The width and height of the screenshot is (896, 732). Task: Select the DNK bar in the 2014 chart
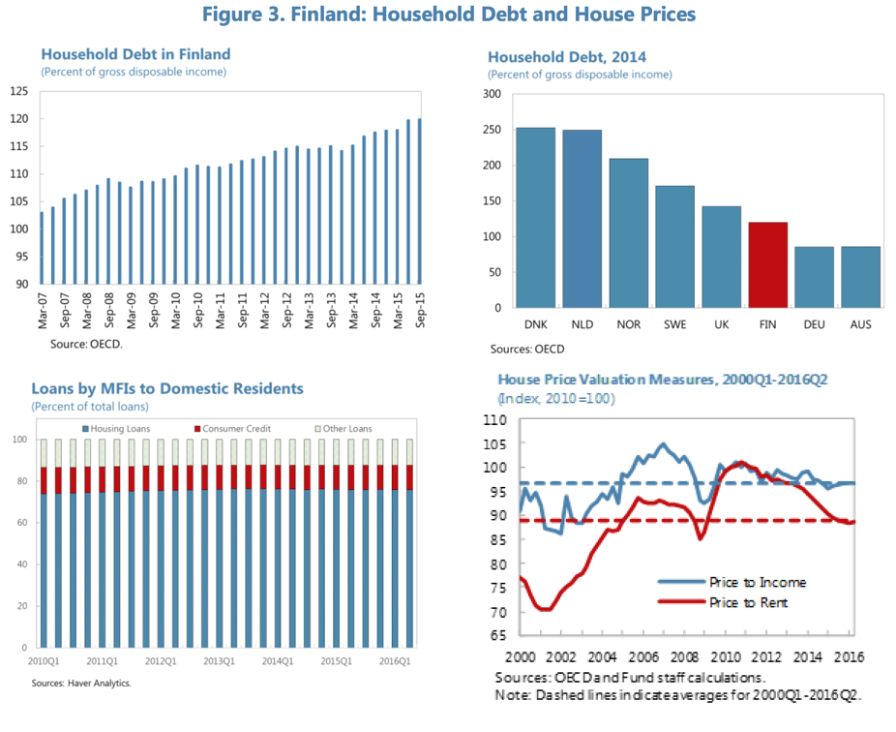535,218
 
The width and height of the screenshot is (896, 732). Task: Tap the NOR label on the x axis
628,324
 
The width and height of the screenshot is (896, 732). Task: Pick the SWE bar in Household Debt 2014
673,246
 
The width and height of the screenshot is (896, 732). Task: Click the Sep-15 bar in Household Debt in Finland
419,201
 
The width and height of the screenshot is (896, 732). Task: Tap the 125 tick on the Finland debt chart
18,92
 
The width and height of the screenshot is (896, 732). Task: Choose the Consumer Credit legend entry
233,429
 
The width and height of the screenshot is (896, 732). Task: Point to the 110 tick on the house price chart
495,420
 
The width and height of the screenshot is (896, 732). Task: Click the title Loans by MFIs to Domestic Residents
167,388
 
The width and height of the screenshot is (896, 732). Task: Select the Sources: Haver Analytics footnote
80,684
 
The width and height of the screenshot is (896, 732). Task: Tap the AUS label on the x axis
859,324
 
